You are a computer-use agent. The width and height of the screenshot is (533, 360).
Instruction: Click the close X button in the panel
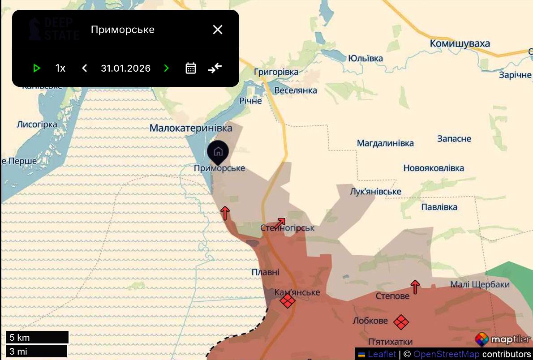(x=218, y=30)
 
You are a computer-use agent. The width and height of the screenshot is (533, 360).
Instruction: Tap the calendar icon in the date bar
(x=191, y=68)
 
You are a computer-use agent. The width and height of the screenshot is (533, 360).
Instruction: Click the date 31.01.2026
(x=125, y=68)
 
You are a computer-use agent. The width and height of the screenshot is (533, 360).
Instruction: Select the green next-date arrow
(x=167, y=68)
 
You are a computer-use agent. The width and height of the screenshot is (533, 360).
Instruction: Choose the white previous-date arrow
(x=84, y=68)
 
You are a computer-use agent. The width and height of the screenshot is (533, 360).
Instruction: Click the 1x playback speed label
(x=60, y=68)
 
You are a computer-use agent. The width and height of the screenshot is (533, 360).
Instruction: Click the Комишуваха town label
(x=460, y=43)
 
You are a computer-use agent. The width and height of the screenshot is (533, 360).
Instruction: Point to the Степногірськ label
(x=287, y=228)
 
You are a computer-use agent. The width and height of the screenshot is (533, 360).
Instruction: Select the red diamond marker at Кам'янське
(x=288, y=301)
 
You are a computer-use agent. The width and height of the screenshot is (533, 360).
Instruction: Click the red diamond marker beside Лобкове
(x=401, y=321)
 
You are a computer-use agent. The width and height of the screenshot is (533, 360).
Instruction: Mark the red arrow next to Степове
(x=415, y=287)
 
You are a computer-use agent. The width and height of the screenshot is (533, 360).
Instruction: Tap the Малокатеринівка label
(x=191, y=128)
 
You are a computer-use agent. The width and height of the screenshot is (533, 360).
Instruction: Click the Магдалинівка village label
(x=385, y=143)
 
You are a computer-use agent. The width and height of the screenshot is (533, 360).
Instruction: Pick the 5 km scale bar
(x=37, y=337)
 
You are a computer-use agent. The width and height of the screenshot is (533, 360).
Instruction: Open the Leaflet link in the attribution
(x=382, y=354)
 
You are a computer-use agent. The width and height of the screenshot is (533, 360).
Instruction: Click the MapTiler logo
(x=503, y=339)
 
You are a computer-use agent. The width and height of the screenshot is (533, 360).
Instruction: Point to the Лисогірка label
(x=37, y=124)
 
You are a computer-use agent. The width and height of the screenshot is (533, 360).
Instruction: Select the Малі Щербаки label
(x=480, y=284)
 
